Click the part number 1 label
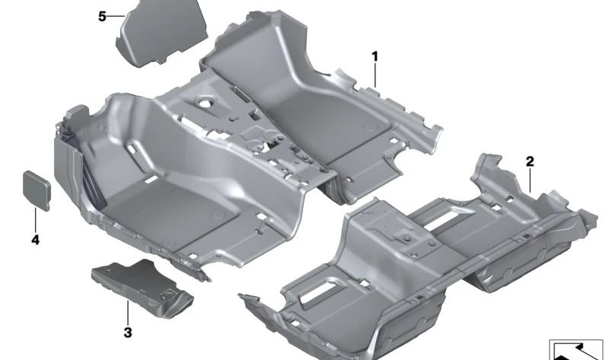tap(375, 56)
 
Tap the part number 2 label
tap(530, 161)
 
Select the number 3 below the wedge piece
tap(127, 332)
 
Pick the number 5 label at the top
tap(103, 16)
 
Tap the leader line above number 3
tap(127, 312)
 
